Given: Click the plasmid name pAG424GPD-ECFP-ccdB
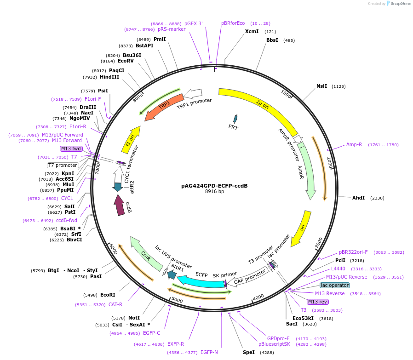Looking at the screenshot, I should click(214, 186).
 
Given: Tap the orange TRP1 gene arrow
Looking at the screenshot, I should click(163, 107).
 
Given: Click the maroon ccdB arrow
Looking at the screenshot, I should click(120, 205).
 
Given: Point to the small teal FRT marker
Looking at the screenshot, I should click(235, 119).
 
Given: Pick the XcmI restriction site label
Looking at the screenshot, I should click(252, 32).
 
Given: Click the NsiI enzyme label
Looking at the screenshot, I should click(321, 86).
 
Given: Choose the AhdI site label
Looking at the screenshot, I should click(358, 198).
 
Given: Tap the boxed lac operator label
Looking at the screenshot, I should click(334, 285).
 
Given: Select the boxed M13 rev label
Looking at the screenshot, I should click(318, 302).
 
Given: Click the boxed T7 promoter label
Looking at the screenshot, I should click(63, 165).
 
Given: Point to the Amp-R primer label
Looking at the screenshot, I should click(354, 144).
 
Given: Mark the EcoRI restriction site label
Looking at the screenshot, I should click(108, 295).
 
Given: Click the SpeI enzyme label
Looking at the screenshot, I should click(248, 352).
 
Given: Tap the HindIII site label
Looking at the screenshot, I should click(109, 77).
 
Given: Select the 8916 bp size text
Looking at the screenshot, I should click(214, 192).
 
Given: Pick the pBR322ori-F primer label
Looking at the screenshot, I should click(353, 252).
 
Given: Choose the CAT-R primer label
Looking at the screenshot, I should click(115, 304).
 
